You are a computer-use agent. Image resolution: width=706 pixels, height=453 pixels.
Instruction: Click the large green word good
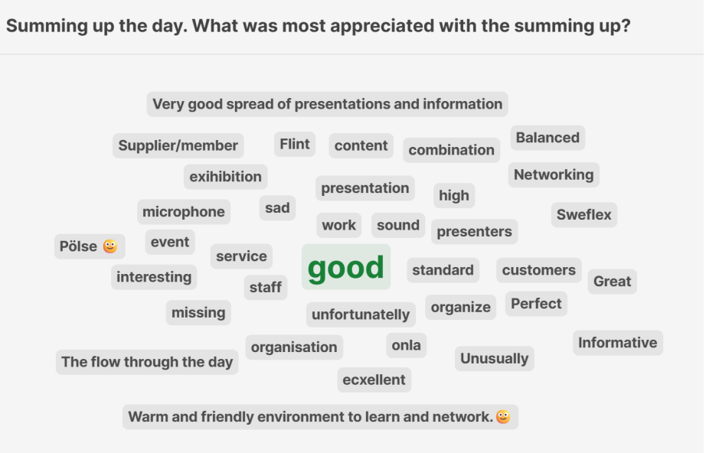click(346, 268)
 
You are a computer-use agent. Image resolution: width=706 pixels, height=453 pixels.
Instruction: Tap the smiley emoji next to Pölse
click(109, 246)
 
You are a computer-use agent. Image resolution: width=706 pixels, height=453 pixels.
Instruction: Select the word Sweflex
click(584, 214)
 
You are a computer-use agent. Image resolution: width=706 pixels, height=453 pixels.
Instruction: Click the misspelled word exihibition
click(226, 176)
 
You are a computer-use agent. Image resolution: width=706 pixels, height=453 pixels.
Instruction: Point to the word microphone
click(184, 211)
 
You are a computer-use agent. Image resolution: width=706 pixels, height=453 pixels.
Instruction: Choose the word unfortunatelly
click(361, 314)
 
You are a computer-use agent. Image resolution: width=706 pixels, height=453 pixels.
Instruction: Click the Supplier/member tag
click(178, 145)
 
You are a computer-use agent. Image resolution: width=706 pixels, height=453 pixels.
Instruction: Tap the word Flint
click(295, 144)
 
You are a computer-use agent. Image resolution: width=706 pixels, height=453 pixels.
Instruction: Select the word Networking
click(554, 174)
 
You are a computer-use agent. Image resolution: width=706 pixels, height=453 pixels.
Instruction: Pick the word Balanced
click(547, 137)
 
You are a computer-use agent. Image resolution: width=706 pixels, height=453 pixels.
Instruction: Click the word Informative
click(618, 342)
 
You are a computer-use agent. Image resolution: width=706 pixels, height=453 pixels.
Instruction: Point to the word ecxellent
click(374, 380)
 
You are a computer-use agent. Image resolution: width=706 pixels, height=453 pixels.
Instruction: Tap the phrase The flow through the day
click(147, 362)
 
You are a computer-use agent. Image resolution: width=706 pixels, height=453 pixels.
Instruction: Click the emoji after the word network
click(503, 417)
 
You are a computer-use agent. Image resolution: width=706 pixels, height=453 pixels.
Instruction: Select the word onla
click(406, 345)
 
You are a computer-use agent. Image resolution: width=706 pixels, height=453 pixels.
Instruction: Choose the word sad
click(277, 208)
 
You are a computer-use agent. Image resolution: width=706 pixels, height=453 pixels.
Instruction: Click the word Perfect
click(536, 304)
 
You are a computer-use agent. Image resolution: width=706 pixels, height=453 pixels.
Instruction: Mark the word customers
click(539, 270)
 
